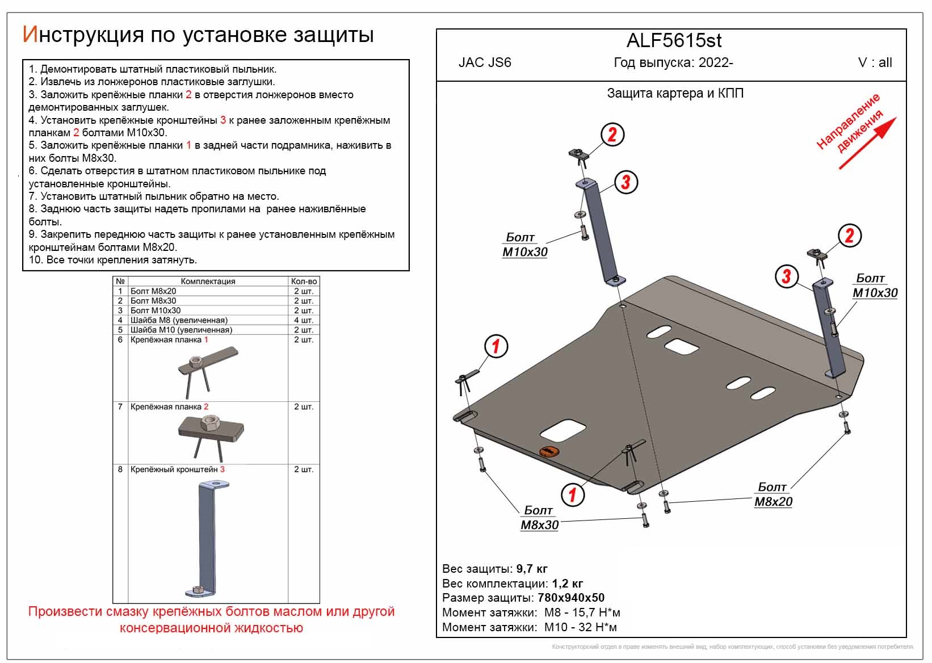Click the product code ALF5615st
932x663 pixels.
(674, 41)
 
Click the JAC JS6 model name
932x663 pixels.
(485, 63)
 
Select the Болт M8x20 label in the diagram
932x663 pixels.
(773, 494)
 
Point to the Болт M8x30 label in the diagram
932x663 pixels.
(539, 518)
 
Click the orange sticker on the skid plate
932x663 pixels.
(549, 452)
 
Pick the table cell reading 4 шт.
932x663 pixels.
(304, 320)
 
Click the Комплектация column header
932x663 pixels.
(208, 281)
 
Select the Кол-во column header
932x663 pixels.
(304, 281)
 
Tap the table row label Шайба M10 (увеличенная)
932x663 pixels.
(181, 330)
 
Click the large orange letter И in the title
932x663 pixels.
(30, 35)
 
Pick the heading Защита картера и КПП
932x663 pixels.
(675, 93)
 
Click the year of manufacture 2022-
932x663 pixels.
(716, 63)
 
